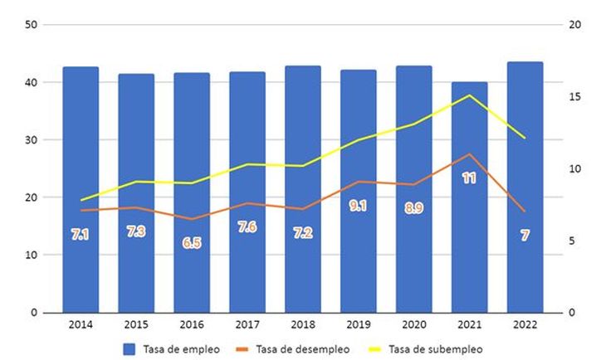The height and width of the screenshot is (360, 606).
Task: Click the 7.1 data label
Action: [x=81, y=235]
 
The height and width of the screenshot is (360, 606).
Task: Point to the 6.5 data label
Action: [x=192, y=242]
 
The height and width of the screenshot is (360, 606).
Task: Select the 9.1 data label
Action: [x=359, y=206]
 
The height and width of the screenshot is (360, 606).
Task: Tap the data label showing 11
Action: [x=469, y=178]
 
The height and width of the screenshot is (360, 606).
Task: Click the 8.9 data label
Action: [x=413, y=208]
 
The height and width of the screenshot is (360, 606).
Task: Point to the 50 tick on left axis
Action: [x=31, y=25]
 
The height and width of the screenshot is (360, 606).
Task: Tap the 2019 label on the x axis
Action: [x=358, y=326]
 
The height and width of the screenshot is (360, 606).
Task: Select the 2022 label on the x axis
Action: [x=524, y=326]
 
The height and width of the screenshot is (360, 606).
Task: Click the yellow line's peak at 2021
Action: [x=469, y=95]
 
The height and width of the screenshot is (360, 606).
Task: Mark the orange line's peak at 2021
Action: [x=469, y=154]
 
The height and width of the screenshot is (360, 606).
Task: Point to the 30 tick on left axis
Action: [x=31, y=140]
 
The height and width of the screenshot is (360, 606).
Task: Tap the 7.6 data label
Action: [x=247, y=226]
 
